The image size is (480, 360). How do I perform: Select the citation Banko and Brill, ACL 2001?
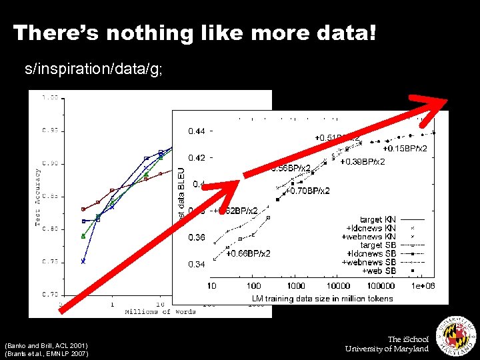click(x=45, y=345)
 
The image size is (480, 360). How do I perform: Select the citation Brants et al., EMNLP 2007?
click(x=45, y=353)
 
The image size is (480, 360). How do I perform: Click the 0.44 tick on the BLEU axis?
click(x=197, y=131)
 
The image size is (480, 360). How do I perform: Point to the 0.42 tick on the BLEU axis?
click(x=197, y=158)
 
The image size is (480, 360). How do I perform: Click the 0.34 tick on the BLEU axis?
click(x=197, y=265)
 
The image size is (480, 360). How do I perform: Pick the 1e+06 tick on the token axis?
click(x=423, y=286)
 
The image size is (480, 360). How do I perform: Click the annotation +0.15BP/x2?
click(x=405, y=148)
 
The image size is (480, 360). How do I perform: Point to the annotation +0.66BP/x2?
click(x=248, y=253)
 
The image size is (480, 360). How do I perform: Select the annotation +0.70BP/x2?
click(x=307, y=191)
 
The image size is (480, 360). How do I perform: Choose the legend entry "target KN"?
click(x=377, y=219)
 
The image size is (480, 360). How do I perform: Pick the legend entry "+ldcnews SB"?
click(x=371, y=254)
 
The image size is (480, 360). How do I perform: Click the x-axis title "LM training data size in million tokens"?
click(x=322, y=298)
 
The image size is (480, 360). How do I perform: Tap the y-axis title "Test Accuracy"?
click(x=38, y=196)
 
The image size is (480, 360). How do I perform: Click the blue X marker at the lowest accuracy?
click(x=83, y=261)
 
